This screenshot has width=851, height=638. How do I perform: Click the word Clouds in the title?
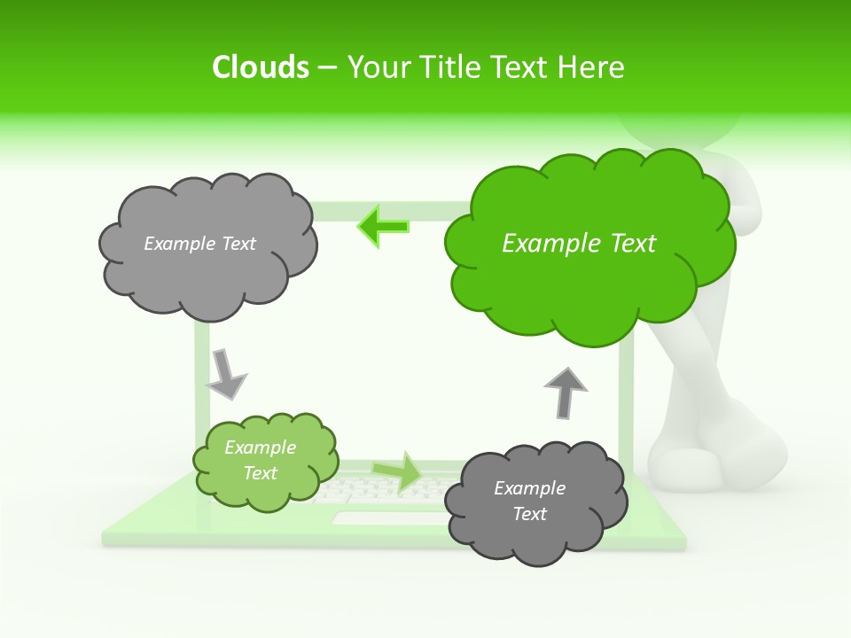(x=261, y=67)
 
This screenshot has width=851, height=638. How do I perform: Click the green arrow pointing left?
(x=384, y=227)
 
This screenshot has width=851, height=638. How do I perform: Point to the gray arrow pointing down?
(x=225, y=373)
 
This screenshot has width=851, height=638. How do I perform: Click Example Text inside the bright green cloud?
(x=579, y=244)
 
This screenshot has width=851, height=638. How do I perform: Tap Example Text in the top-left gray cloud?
(x=199, y=244)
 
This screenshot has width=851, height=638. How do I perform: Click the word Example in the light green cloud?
(x=260, y=448)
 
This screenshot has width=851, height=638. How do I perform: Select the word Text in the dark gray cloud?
(x=529, y=514)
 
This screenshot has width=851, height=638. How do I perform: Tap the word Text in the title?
(x=524, y=67)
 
